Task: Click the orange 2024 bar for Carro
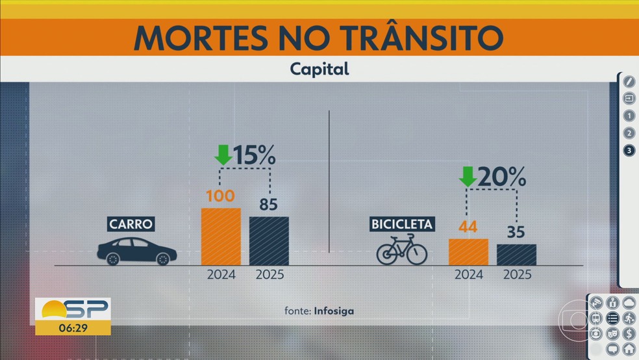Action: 221,237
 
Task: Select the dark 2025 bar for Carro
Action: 269,240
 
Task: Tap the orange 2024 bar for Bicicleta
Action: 468,251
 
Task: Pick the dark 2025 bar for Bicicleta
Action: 517,254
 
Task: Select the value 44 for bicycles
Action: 468,227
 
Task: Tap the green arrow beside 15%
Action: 223,155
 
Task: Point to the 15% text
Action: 255,156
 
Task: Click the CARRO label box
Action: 131,225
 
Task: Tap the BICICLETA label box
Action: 402,225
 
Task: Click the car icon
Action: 136,251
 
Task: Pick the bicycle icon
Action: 402,250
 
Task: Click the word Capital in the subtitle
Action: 319,69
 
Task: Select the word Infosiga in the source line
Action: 334,311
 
